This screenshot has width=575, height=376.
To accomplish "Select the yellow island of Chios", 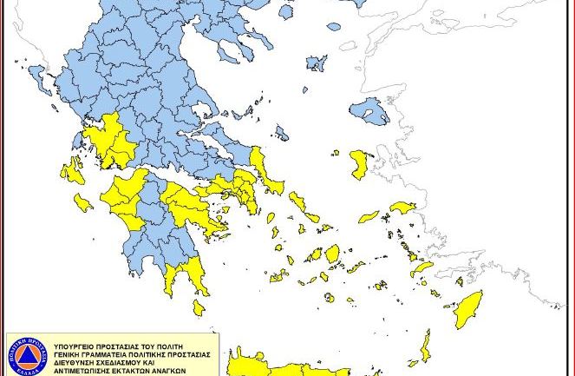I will [359, 164].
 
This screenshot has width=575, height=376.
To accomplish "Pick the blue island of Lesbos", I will [369, 110].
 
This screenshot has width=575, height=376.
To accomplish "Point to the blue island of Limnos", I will [317, 63].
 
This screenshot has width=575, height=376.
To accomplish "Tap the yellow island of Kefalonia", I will [73, 170].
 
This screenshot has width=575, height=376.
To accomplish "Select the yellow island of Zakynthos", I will [82, 203].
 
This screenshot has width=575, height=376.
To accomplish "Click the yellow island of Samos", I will [403, 208].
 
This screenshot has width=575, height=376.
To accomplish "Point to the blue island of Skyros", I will [281, 133].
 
